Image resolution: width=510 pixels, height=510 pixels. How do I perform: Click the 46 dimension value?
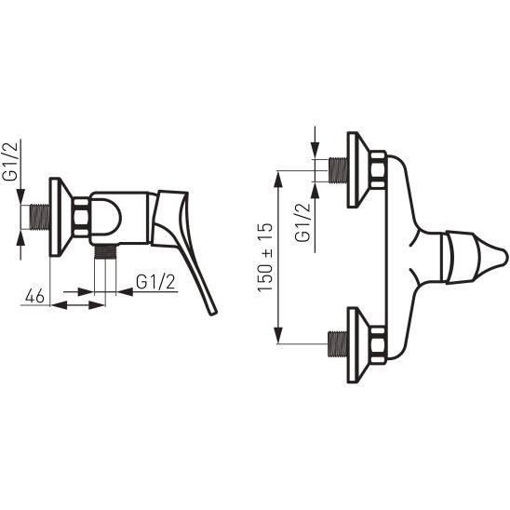click(34, 296)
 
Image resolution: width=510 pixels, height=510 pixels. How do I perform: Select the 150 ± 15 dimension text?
click(265, 257)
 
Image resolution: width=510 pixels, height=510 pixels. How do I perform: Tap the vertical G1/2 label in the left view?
click(10, 161)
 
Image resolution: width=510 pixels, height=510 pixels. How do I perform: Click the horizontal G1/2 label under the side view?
click(155, 282)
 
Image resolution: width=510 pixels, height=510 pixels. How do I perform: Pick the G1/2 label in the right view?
click(302, 222)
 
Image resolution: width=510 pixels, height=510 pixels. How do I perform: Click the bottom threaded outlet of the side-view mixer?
click(105, 251)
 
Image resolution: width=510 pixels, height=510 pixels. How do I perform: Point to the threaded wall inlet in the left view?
click(40, 216)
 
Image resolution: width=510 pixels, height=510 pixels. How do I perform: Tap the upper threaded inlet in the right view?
click(338, 169)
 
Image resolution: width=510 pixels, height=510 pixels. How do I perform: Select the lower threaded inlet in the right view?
click(338, 344)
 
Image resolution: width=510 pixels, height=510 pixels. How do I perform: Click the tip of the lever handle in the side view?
click(213, 313)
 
